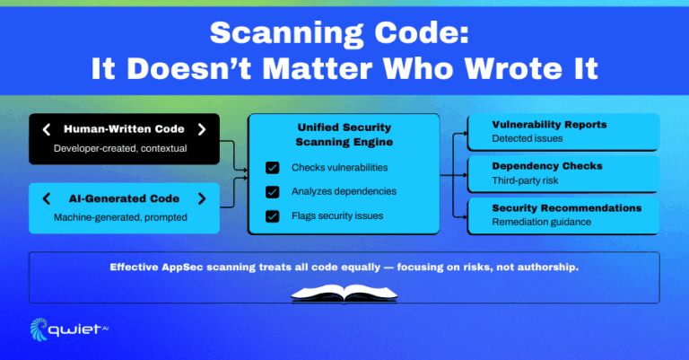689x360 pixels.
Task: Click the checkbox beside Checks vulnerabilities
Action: [x=272, y=168]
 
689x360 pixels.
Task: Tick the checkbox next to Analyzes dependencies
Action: [x=272, y=191]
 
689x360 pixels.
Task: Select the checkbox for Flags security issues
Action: [x=272, y=215]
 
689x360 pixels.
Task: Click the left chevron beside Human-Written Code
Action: [x=47, y=129]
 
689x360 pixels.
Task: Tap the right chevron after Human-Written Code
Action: [x=202, y=129]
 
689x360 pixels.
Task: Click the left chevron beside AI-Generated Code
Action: [x=47, y=198]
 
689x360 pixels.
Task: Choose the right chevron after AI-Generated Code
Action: [x=202, y=198]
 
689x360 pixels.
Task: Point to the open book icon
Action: [x=344, y=293]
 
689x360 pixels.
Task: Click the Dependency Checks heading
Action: [x=546, y=166]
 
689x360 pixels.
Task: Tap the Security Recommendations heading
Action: [x=566, y=207]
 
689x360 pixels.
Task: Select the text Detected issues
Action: [x=527, y=139]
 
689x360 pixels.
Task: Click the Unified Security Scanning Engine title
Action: [x=344, y=136]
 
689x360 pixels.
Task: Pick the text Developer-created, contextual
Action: [x=119, y=147]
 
